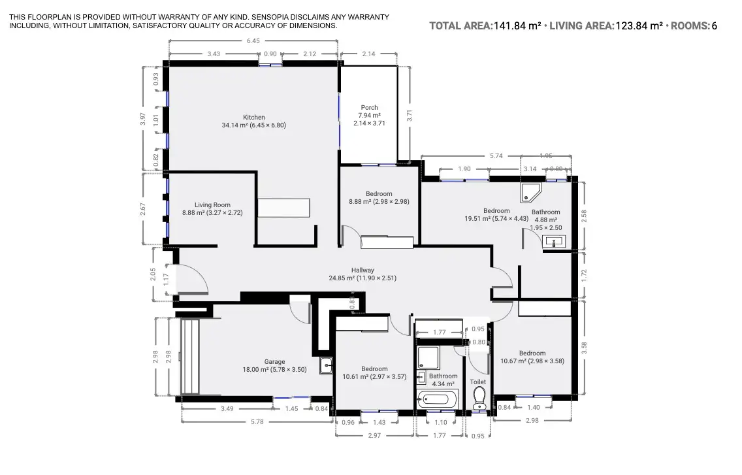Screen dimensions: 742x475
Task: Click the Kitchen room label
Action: pyautogui.click(x=254, y=118)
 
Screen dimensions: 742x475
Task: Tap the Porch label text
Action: pyautogui.click(x=370, y=108)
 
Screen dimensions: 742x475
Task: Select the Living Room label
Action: pyautogui.click(x=212, y=205)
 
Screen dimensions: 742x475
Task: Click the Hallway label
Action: pyautogui.click(x=363, y=270)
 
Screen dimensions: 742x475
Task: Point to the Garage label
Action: pyautogui.click(x=274, y=362)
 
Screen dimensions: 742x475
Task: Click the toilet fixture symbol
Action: pyautogui.click(x=479, y=397)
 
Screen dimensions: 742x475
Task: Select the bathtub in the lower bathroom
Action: pyautogui.click(x=438, y=399)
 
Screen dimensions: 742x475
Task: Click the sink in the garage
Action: pyautogui.click(x=326, y=366)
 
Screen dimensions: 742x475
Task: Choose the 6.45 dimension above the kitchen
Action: pyautogui.click(x=253, y=41)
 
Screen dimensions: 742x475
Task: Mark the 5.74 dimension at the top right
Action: pyautogui.click(x=496, y=156)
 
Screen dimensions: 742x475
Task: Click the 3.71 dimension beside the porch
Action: pyautogui.click(x=410, y=116)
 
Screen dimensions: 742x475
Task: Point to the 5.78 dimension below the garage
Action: pyautogui.click(x=257, y=421)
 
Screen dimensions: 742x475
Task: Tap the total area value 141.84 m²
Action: pyautogui.click(x=517, y=26)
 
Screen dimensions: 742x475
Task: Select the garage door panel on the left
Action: pyautogui.click(x=190, y=357)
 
